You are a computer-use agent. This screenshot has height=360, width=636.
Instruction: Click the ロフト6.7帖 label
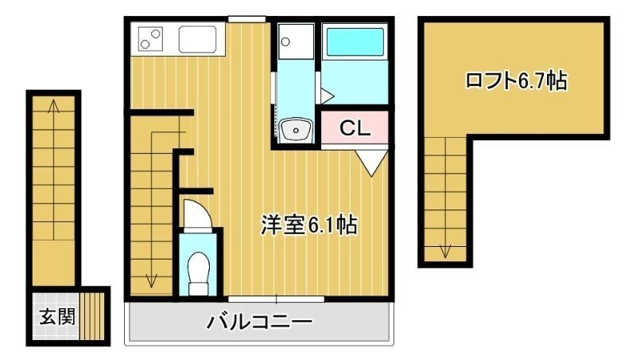coord(516,80)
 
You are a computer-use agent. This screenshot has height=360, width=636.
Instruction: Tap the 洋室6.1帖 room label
coord(308,225)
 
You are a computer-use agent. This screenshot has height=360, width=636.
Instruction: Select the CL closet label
coord(355,127)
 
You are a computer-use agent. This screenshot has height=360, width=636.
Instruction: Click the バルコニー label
coord(260,323)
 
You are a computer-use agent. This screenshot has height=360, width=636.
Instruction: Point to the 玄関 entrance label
coord(56,316)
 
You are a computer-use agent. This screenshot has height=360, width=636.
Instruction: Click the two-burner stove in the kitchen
coord(151,37)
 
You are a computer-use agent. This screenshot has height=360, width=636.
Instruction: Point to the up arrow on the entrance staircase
coord(54,108)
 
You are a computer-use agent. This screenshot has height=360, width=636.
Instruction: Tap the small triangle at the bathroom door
coord(326,95)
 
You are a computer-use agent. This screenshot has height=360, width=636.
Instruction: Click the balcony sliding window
coord(276,299)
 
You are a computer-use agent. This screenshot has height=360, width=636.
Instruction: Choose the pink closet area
coord(355,127)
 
